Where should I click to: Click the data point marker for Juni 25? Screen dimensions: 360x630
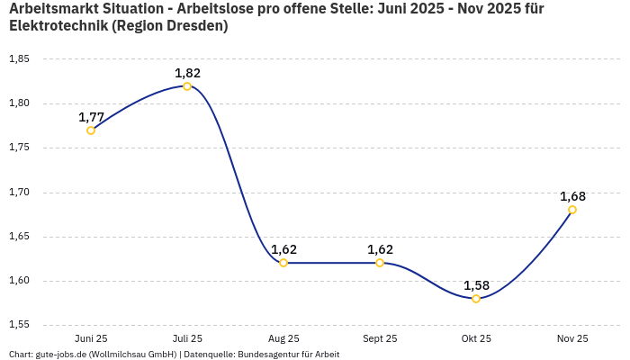(x=91, y=130)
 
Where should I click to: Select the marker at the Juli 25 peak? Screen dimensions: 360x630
(x=187, y=86)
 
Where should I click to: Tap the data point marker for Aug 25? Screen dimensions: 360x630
(x=283, y=263)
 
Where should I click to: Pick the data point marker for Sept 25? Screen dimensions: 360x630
(x=380, y=263)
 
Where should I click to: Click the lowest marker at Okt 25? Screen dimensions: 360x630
(x=476, y=299)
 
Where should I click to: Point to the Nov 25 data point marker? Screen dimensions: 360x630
(x=572, y=210)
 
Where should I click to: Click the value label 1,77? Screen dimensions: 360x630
(x=91, y=117)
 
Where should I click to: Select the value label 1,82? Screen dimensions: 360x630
(x=187, y=73)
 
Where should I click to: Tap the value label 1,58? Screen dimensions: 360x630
(x=476, y=285)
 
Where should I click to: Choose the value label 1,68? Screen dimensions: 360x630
(x=572, y=196)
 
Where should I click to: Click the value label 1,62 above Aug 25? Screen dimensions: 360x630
(x=283, y=249)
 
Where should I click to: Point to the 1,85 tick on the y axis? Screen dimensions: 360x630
(x=19, y=59)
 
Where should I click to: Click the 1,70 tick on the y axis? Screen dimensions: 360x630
(x=19, y=193)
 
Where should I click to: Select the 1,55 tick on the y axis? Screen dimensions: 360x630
(x=19, y=325)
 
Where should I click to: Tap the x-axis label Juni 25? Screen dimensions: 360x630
(x=91, y=339)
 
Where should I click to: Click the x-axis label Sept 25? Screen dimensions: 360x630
(x=380, y=339)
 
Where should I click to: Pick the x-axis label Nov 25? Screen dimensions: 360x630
(x=572, y=339)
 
